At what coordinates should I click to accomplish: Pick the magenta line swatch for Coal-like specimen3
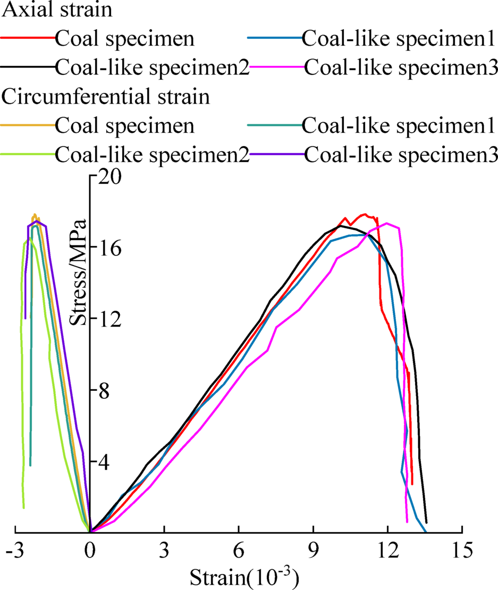(x=276, y=67)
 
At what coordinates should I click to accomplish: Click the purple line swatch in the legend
(x=276, y=155)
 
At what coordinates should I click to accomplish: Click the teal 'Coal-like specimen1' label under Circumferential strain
(x=398, y=126)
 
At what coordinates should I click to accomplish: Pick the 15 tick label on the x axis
(x=462, y=552)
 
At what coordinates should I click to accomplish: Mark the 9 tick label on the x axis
(x=314, y=552)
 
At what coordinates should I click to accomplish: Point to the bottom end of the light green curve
(x=23, y=508)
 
